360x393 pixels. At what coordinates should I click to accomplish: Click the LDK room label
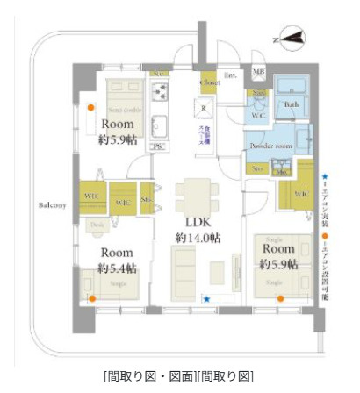pyautogui.click(x=198, y=222)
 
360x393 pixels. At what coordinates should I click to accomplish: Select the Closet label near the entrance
pyautogui.click(x=210, y=82)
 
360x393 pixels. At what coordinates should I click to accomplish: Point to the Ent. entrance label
pyautogui.click(x=232, y=75)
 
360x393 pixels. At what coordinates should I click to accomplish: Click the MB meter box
pyautogui.click(x=260, y=71)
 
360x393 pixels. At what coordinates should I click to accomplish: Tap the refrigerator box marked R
pyautogui.click(x=204, y=110)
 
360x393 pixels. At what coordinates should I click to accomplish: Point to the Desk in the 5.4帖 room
pyautogui.click(x=97, y=225)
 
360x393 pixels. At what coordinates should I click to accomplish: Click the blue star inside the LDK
pyautogui.click(x=206, y=300)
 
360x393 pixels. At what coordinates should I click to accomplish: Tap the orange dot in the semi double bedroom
pyautogui.click(x=90, y=108)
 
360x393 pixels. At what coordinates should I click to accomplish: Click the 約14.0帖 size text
pyautogui.click(x=198, y=238)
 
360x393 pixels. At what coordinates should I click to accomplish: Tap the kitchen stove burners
pyautogui.click(x=161, y=90)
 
